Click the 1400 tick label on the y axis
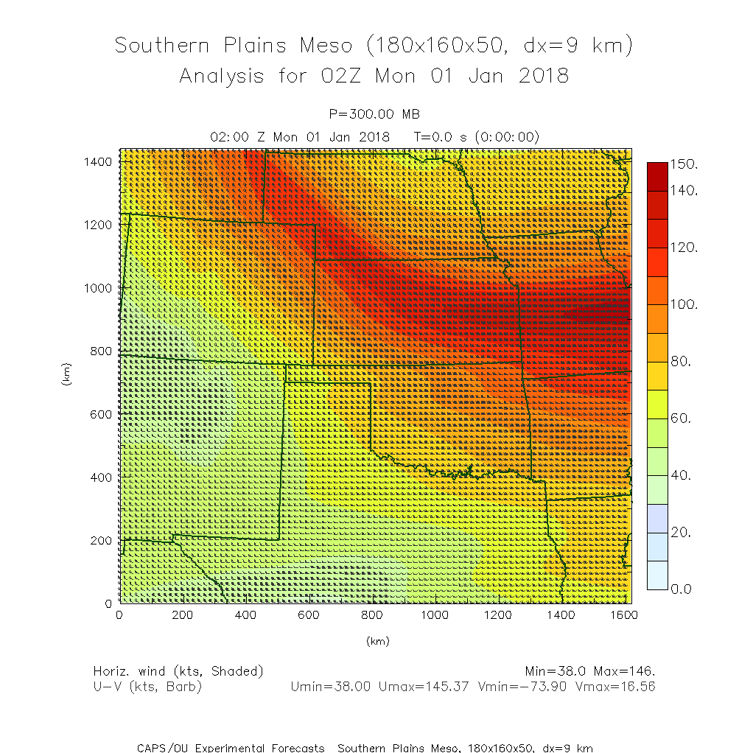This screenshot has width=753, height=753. coord(97,161)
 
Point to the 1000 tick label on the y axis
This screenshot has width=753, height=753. coord(97,288)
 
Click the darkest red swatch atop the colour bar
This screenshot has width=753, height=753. coord(657,175)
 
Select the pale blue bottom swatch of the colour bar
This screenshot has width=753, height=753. coord(657,575)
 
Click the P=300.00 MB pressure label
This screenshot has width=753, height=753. coord(375,113)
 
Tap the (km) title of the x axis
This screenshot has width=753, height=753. coord(376,641)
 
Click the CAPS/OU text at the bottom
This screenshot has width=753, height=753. coord(164,748)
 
